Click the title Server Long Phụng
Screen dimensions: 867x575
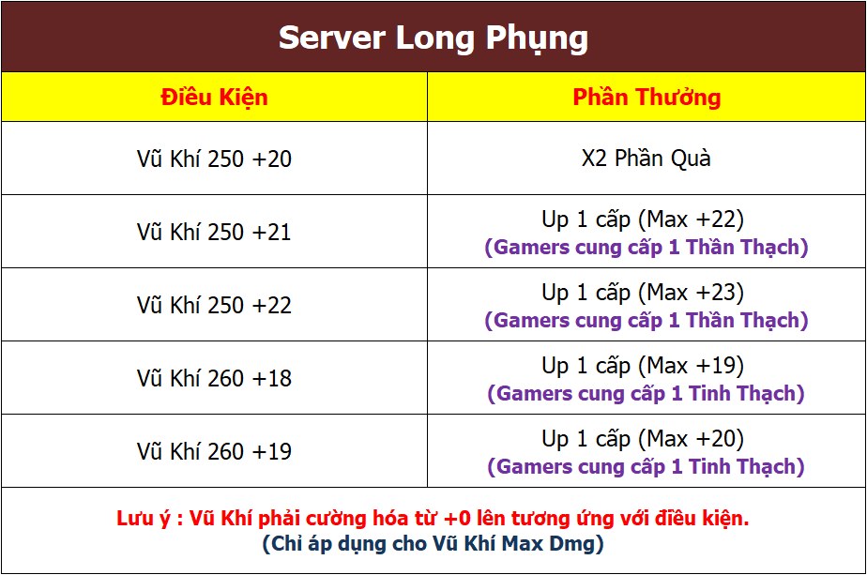(x=433, y=38)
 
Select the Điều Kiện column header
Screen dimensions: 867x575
(x=215, y=98)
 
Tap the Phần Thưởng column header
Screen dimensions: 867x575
(x=646, y=98)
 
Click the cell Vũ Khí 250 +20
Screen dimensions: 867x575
(x=214, y=159)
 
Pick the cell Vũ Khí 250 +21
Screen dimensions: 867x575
(x=214, y=232)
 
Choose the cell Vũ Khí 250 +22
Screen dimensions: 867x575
(x=214, y=305)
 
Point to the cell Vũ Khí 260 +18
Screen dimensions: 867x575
(x=214, y=378)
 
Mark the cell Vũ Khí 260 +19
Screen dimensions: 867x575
(x=214, y=451)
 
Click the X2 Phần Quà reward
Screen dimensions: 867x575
(x=646, y=159)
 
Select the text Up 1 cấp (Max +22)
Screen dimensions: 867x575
(x=643, y=220)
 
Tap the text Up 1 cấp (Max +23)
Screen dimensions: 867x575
(x=643, y=293)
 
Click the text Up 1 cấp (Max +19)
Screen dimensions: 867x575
(x=643, y=366)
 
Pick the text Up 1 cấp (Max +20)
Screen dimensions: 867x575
(x=643, y=439)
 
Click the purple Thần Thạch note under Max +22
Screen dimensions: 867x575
(x=646, y=247)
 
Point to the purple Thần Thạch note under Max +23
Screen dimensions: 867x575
(x=646, y=320)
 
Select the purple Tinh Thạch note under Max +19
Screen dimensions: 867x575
(x=646, y=394)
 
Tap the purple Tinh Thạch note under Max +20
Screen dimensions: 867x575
(x=646, y=466)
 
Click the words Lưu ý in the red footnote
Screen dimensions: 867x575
(x=144, y=519)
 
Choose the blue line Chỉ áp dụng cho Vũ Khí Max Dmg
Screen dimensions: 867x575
(x=433, y=544)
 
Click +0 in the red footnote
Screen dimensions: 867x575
(x=457, y=519)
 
